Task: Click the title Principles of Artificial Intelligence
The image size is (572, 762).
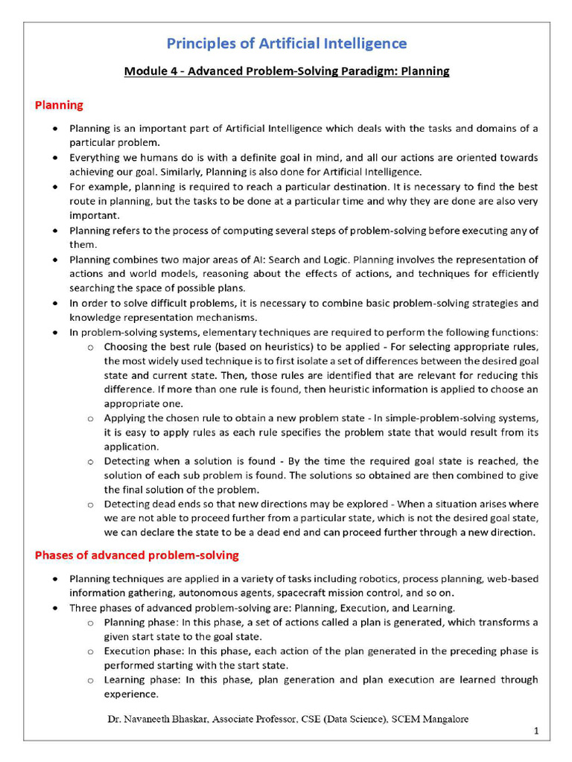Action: [x=286, y=43]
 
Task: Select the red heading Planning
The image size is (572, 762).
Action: [x=59, y=105]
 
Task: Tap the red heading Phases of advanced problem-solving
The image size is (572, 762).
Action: [x=136, y=555]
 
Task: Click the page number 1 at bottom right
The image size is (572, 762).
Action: [x=536, y=732]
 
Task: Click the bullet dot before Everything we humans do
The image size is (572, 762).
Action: [x=57, y=158]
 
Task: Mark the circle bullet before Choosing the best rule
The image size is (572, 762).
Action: [x=90, y=348]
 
